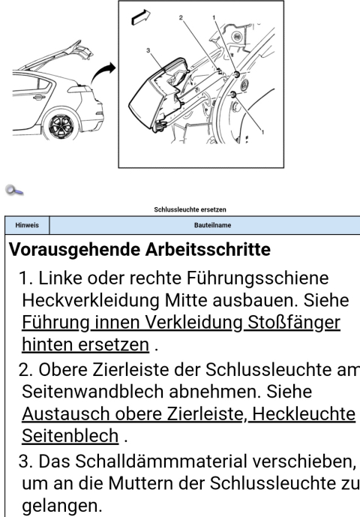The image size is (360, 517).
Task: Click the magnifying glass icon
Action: [14, 191]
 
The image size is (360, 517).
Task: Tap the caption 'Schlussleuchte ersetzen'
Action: [190, 209]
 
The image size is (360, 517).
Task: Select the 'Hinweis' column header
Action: [27, 225]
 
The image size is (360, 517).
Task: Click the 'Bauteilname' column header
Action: [212, 225]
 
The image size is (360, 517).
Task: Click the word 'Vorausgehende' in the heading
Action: [74, 250]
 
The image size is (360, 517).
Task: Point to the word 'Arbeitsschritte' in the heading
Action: [208, 250]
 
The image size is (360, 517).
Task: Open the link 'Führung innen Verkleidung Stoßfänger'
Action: [181, 323]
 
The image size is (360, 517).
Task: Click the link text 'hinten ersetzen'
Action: [85, 344]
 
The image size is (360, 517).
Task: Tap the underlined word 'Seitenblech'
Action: [70, 435]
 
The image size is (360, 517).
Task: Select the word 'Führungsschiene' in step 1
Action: [257, 278]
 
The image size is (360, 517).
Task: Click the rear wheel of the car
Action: [63, 125]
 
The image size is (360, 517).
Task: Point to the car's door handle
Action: [38, 98]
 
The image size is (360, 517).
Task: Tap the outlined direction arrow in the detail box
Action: [141, 17]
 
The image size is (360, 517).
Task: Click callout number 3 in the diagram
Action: [148, 50]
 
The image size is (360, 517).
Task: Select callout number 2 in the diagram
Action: [181, 17]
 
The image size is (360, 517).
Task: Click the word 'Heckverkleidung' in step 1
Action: [91, 301]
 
